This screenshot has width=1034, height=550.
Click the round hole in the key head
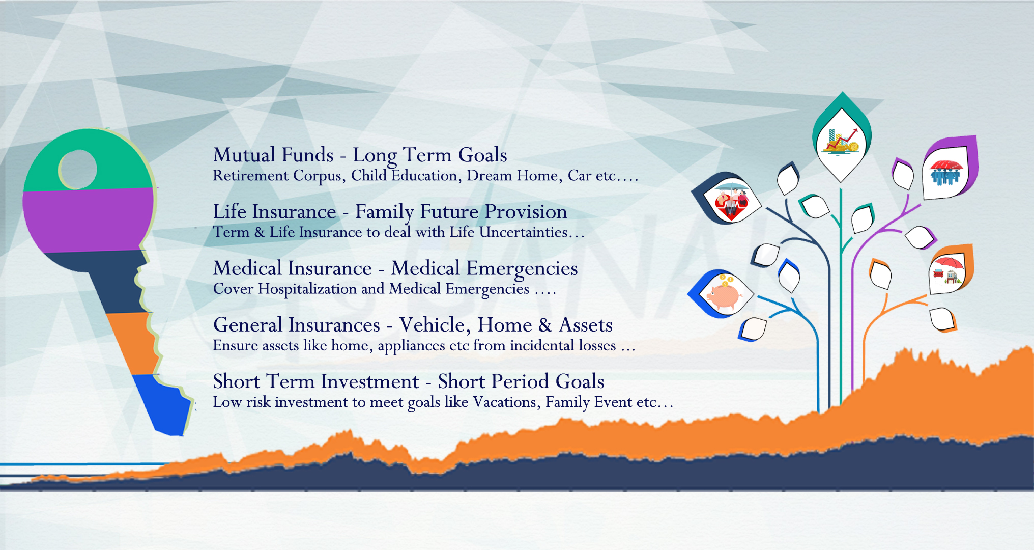[x=78, y=170]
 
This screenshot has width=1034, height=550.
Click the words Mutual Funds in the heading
[x=273, y=155]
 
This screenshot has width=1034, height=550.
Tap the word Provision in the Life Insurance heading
[x=526, y=212]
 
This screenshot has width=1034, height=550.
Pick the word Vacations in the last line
[x=506, y=402]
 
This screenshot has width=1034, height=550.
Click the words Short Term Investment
[x=316, y=381]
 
